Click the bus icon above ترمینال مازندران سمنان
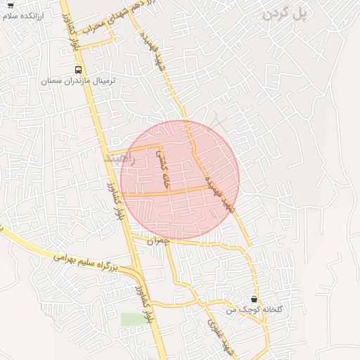pos(78,70)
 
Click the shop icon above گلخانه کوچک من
pos(254,300)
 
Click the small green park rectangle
pos(131,319)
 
